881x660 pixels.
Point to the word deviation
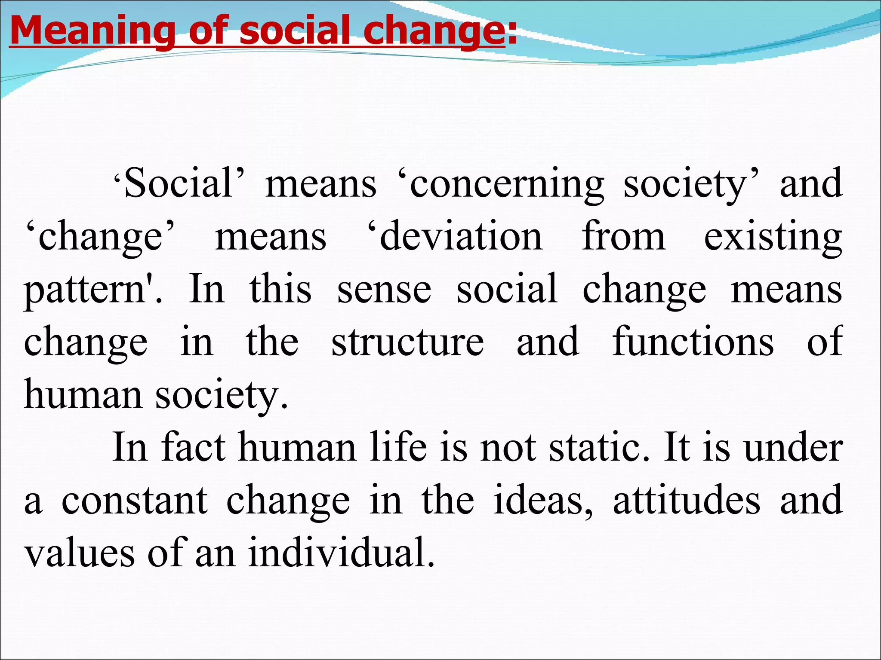[460, 237]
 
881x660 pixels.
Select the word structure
[407, 342]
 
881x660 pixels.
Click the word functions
[693, 342]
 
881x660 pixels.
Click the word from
[623, 237]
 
